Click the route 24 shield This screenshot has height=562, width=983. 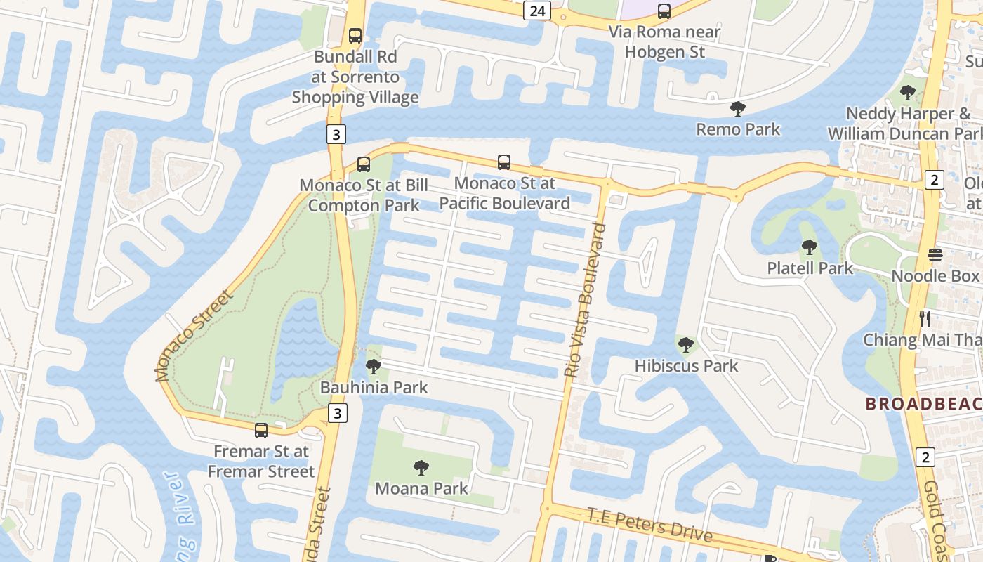tap(536, 11)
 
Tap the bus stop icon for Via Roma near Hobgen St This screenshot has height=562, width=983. tap(664, 11)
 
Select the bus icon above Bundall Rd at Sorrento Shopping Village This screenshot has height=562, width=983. tap(355, 35)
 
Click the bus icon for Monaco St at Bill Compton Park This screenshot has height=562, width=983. tap(363, 164)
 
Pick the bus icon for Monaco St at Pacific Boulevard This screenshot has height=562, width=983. tap(504, 162)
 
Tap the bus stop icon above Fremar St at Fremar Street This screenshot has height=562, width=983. tap(261, 430)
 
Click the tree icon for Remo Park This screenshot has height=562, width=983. tap(737, 108)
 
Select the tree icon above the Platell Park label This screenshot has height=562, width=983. tap(810, 247)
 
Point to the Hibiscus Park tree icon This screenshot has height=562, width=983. tap(686, 344)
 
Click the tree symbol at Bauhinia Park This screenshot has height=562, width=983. tap(374, 366)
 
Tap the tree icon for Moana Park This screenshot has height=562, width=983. tap(421, 466)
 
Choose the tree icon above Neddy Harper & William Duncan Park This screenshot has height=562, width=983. tap(908, 92)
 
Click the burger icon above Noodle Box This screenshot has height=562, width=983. tap(935, 254)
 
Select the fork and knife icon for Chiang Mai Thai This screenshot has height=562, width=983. tap(925, 319)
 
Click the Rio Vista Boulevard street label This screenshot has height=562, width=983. tap(585, 301)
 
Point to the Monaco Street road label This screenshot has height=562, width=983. tap(194, 336)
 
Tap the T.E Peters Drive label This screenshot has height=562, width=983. tap(649, 525)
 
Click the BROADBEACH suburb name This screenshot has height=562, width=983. tap(923, 404)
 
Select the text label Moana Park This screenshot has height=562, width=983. tap(421, 488)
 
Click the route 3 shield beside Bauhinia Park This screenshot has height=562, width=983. tap(338, 413)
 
